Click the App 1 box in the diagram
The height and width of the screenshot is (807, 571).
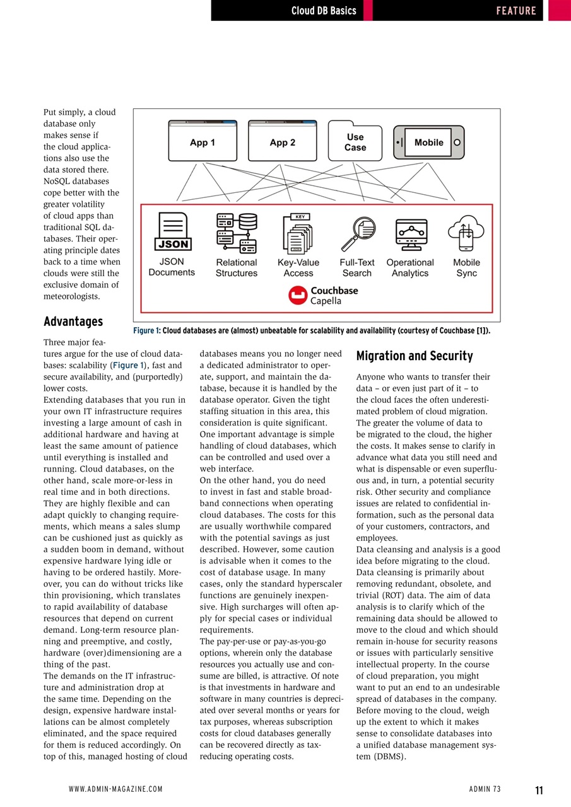coord(203,141)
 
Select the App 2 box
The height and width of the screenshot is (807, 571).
coord(282,141)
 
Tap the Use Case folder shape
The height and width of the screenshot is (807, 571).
coord(355,141)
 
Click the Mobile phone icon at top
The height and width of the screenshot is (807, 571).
coord(428,142)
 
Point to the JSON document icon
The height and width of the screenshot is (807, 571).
coord(173,232)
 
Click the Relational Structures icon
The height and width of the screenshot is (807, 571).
coord(237,232)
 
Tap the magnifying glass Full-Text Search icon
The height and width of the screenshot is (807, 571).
coord(358,233)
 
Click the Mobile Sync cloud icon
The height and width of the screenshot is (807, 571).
coord(466,233)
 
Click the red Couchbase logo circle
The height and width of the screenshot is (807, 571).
coord(298,296)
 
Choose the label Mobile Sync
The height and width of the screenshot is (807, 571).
coord(466,268)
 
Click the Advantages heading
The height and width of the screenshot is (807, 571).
coord(73,322)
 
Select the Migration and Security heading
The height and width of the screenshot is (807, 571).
coord(415,356)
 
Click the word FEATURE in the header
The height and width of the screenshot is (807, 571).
coord(515,11)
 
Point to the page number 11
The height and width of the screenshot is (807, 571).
coord(539,790)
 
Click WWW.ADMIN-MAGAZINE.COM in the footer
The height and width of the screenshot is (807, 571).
coord(115,789)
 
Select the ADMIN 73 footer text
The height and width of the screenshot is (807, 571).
coord(485,789)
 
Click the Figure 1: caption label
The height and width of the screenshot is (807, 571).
coord(147,330)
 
